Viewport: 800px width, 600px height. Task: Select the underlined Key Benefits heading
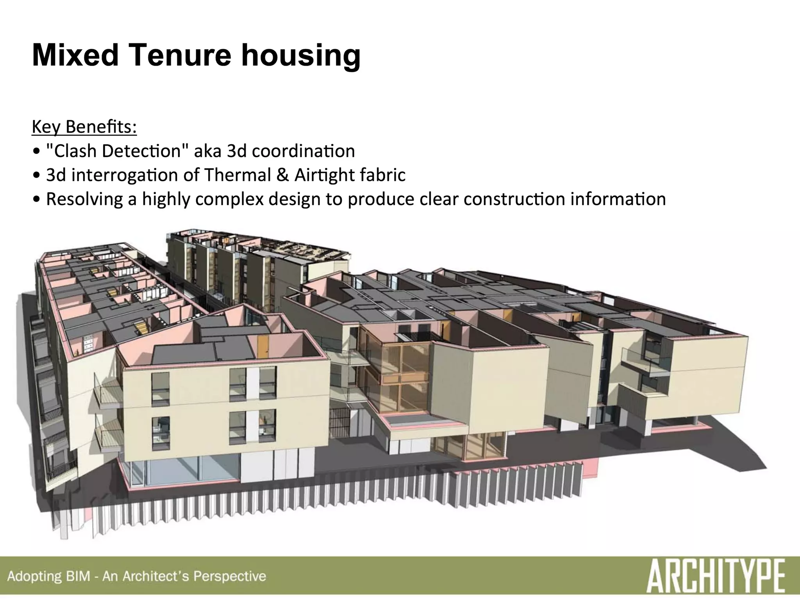click(84, 127)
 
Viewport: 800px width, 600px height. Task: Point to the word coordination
click(303, 151)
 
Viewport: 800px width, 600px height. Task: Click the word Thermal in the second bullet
click(237, 175)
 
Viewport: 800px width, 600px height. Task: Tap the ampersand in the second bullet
click(282, 175)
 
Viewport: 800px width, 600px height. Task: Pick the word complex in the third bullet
click(227, 199)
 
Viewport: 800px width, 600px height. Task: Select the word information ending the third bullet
click(618, 199)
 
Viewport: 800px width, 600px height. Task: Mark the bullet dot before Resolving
click(36, 200)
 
